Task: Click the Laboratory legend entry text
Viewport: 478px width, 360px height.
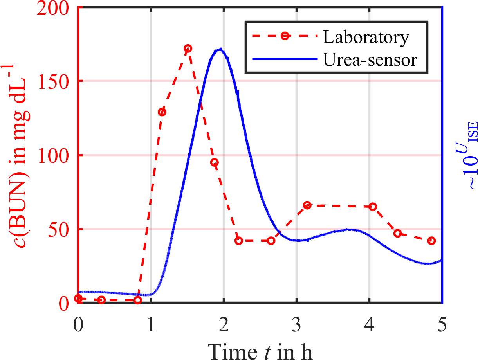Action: pyautogui.click(x=366, y=37)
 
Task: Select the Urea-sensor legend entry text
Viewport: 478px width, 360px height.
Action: pyautogui.click(x=370, y=60)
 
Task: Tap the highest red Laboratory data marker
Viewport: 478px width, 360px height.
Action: pyautogui.click(x=188, y=49)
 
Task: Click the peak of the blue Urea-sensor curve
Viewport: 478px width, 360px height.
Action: pyautogui.click(x=221, y=49)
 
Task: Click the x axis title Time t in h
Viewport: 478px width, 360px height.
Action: pyautogui.click(x=260, y=348)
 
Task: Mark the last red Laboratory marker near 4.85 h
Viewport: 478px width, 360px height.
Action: pyautogui.click(x=431, y=240)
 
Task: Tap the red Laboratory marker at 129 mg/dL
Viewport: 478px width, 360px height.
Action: pyautogui.click(x=162, y=112)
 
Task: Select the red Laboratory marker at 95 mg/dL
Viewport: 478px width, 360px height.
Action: pyautogui.click(x=214, y=162)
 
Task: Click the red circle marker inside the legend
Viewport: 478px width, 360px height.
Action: pyautogui.click(x=285, y=36)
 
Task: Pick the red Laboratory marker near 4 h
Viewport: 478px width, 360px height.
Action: pyautogui.click(x=373, y=206)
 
